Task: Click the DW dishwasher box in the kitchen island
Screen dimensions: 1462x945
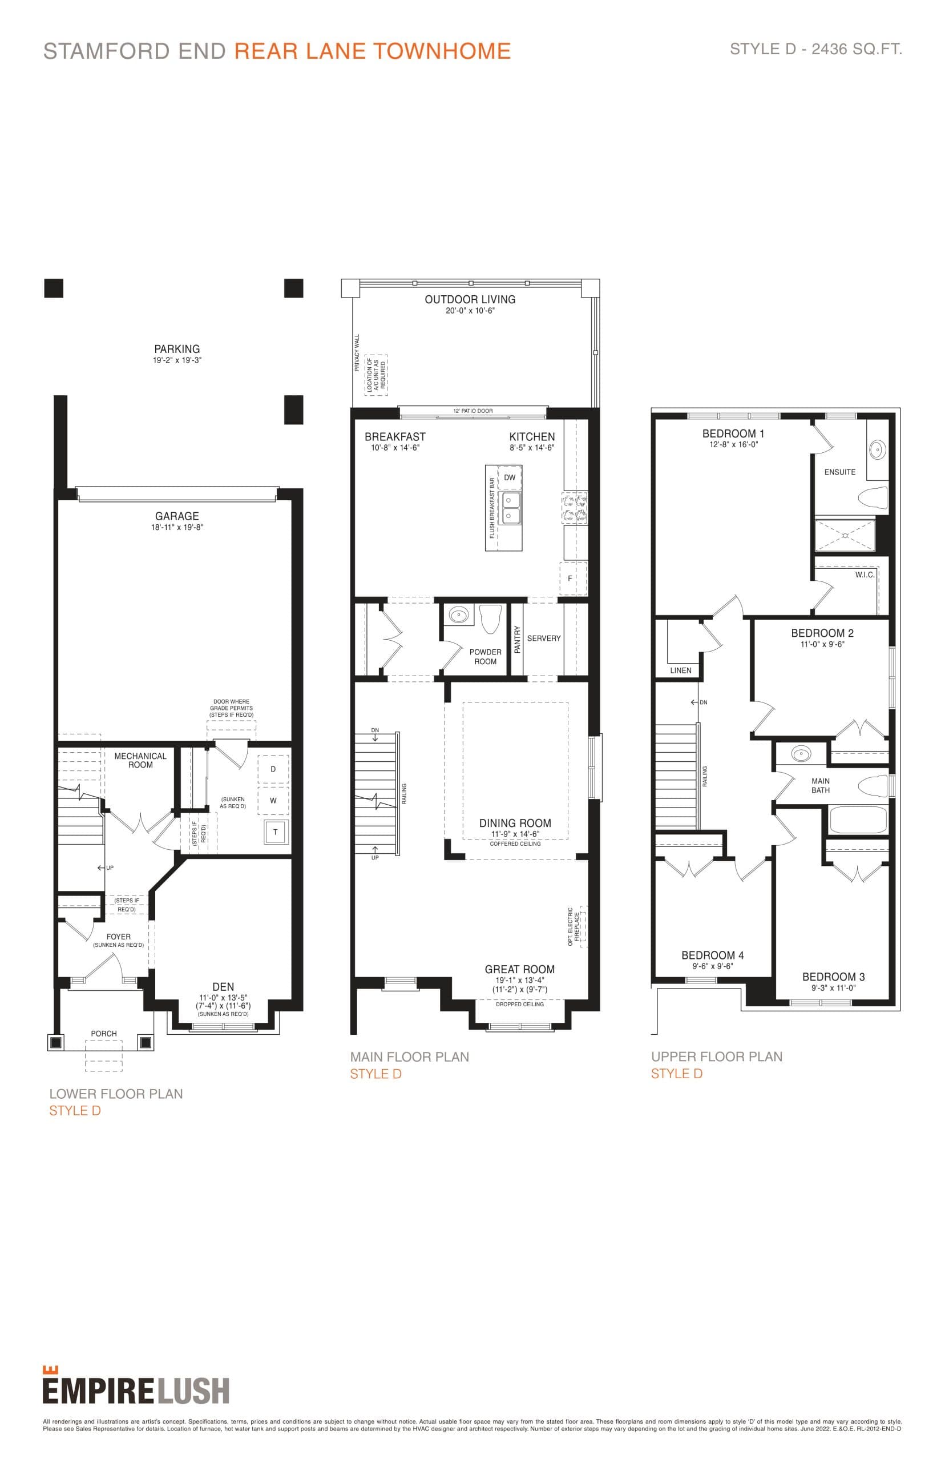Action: tap(510, 477)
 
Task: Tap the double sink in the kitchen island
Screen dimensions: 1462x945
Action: tap(510, 508)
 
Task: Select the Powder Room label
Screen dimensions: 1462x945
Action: tap(485, 656)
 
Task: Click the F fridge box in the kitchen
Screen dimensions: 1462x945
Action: tap(570, 579)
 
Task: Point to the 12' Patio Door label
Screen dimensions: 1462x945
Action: tap(472, 411)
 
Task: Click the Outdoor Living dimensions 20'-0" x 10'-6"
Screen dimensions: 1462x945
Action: tap(470, 311)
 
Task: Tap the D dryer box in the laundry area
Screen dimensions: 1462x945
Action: tap(273, 769)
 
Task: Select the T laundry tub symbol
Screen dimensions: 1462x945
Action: tap(275, 832)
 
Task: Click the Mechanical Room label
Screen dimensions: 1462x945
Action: tap(140, 760)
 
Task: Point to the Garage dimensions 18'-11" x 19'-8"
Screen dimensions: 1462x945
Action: tap(177, 527)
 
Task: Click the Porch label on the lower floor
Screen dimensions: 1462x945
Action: tap(104, 1034)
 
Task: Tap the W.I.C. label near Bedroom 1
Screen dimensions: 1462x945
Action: tap(864, 575)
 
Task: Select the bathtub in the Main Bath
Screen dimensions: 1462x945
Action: tap(857, 819)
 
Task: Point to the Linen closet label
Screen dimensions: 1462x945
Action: tap(681, 670)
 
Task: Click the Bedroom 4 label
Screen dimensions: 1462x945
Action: tap(712, 955)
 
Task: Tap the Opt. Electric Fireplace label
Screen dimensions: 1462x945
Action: tap(574, 926)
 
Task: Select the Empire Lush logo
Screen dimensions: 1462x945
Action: tap(136, 1389)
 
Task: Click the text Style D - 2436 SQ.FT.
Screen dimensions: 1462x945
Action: tap(815, 49)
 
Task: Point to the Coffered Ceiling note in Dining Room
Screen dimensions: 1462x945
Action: tap(515, 844)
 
